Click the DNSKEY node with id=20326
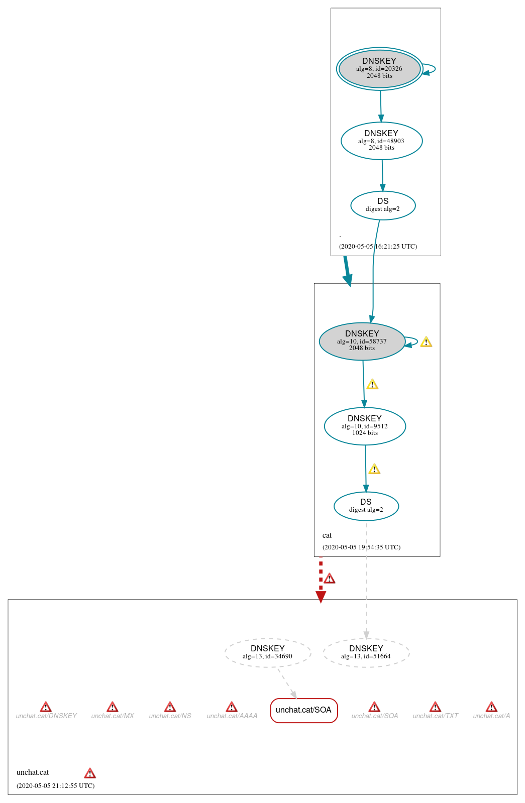[379, 69]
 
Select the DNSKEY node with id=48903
[381, 141]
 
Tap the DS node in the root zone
[383, 205]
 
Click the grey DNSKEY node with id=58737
[362, 341]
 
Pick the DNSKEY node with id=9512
[365, 426]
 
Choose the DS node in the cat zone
[366, 506]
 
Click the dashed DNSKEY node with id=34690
[267, 652]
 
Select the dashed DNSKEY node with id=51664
[366, 652]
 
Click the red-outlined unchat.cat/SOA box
[303, 710]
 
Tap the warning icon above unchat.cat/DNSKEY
[46, 707]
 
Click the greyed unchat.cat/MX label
[113, 716]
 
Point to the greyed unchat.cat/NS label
[170, 716]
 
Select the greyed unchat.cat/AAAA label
[232, 716]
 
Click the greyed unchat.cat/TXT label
[435, 716]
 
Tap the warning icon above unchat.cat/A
[491, 707]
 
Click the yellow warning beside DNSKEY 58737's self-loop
[426, 342]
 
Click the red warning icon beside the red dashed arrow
[330, 579]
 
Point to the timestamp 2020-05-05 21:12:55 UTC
[55, 785]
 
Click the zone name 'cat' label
[327, 535]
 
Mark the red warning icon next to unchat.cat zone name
[90, 773]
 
